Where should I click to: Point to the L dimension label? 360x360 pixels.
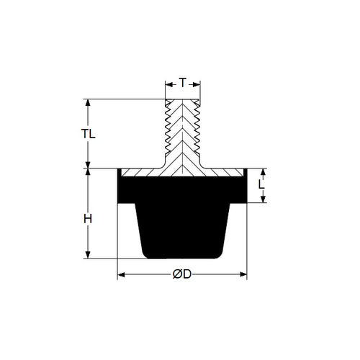point(262,185)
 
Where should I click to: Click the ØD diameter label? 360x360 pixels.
point(182,274)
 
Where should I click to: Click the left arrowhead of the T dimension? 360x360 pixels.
point(168,84)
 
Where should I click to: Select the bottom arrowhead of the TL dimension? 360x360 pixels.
point(89,164)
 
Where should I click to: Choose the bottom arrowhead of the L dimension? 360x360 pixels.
point(262,199)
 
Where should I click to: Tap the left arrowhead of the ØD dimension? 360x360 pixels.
point(121,274)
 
